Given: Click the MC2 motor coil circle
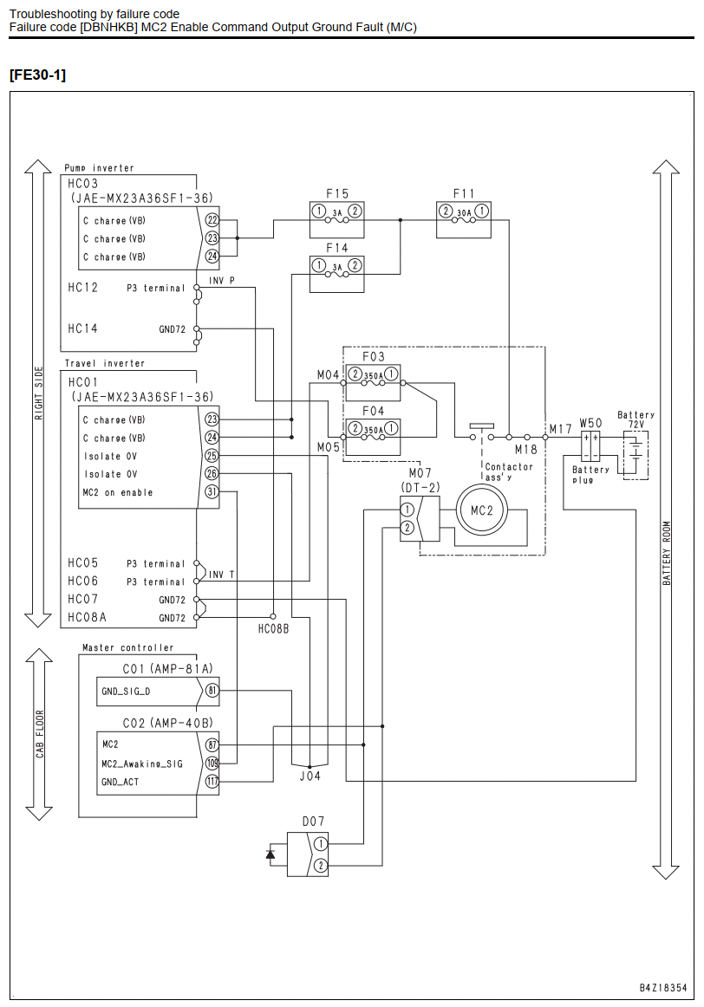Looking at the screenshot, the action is click(482, 510).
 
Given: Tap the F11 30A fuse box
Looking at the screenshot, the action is click(464, 219).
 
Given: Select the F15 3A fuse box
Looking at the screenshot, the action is click(336, 219).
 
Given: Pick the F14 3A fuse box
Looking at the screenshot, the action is click(336, 274).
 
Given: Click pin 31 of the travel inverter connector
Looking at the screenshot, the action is click(212, 492).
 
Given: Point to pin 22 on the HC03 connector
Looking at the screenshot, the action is click(212, 219).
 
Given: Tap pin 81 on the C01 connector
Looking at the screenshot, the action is click(212, 691).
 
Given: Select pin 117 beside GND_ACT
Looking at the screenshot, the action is click(212, 782).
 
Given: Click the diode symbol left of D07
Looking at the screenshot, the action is click(271, 854).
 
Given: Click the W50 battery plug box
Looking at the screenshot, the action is click(590, 446).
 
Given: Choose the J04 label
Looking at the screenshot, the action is click(310, 776).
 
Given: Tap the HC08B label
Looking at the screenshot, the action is click(274, 629).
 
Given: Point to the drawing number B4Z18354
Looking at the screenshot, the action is click(663, 988).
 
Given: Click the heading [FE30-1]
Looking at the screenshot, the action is click(37, 75).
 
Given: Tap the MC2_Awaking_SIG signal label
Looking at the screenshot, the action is click(142, 763).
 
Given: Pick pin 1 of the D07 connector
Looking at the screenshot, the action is click(321, 844).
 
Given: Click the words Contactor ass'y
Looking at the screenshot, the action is click(509, 471).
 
